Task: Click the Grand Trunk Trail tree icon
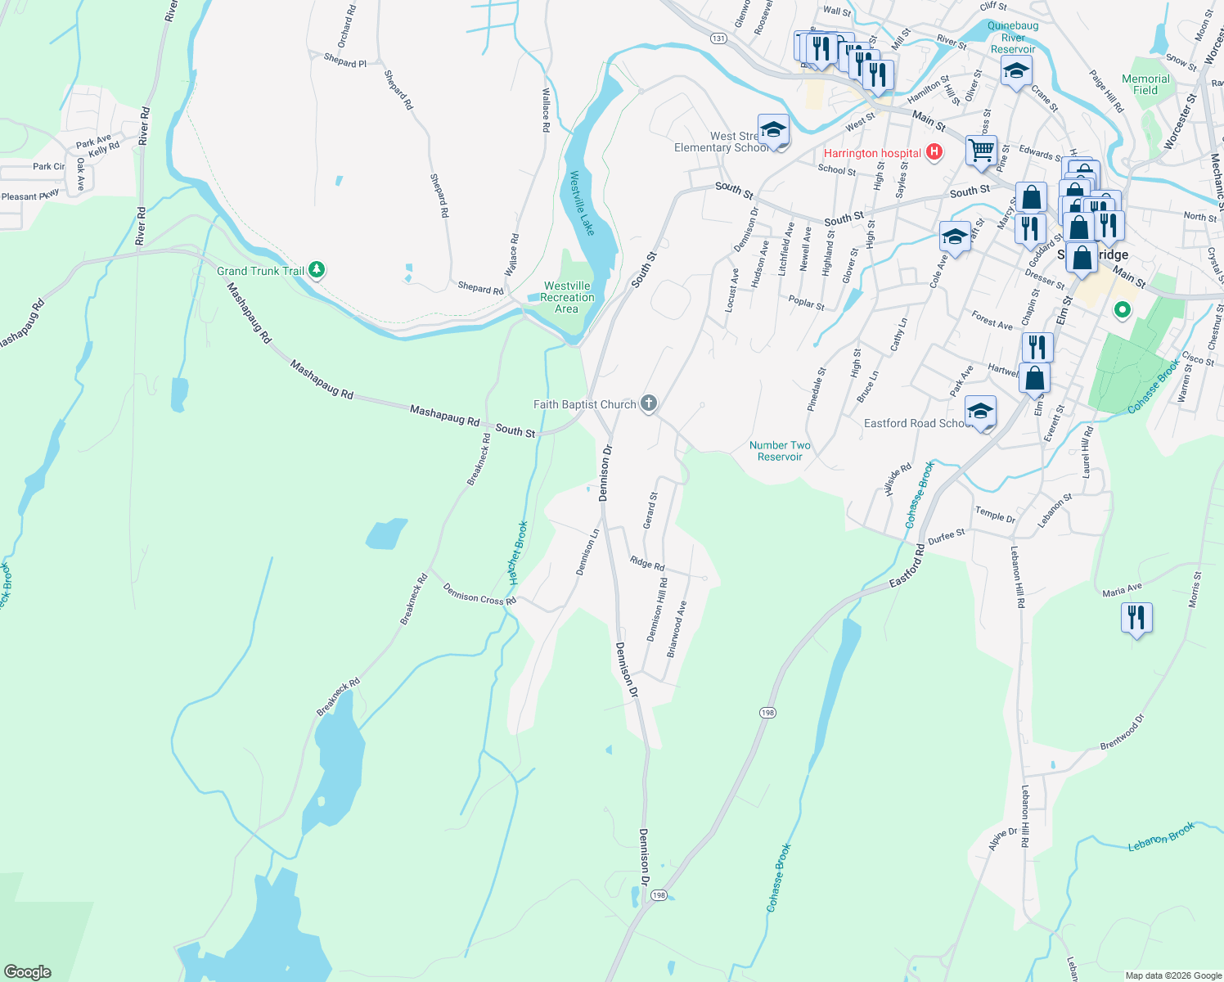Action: tap(317, 269)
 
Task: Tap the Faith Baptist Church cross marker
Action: tap(649, 403)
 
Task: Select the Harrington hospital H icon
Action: tap(934, 152)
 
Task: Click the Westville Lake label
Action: tap(583, 203)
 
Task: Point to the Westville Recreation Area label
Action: tap(567, 297)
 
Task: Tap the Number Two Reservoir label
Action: tap(780, 451)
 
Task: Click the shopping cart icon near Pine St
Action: tap(981, 151)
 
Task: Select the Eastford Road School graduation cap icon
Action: tap(980, 412)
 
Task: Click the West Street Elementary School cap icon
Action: tap(773, 129)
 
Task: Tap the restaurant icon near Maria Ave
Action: tap(1136, 617)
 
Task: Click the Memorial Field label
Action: tap(1145, 84)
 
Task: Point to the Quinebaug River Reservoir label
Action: tap(1013, 38)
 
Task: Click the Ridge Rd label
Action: tap(647, 563)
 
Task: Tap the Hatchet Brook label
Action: tap(518, 553)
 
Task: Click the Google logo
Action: tap(28, 971)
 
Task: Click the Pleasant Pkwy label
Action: tap(30, 196)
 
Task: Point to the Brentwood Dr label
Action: tap(1122, 732)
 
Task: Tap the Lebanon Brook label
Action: tap(1161, 836)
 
